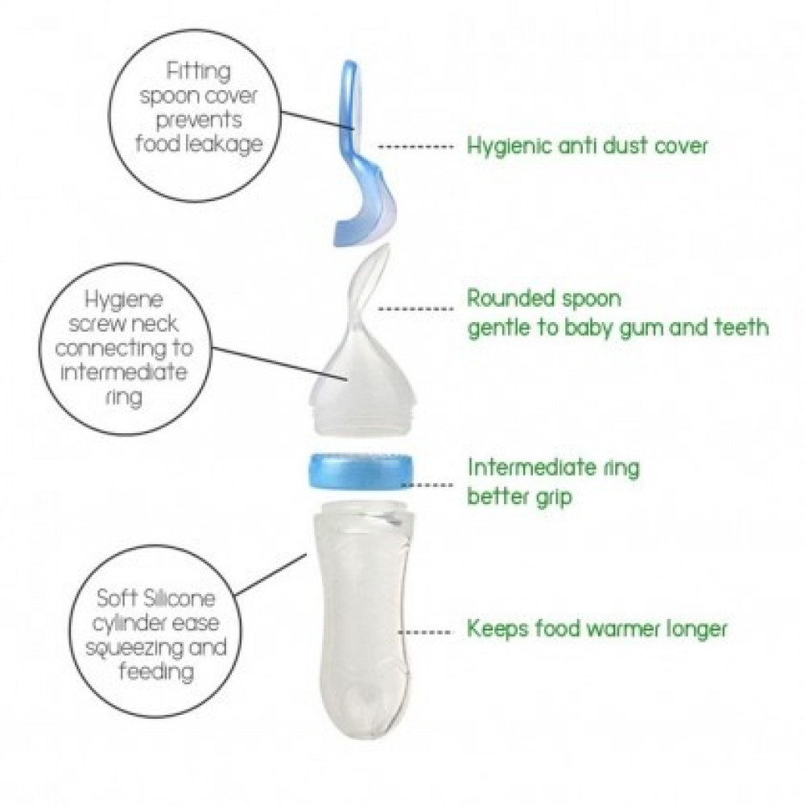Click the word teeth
(741, 327)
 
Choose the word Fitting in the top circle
(198, 71)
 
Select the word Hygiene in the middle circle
(123, 299)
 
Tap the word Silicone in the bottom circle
(180, 598)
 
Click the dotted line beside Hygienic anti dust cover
(416, 147)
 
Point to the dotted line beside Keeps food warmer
(425, 631)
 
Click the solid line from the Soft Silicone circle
(270, 575)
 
